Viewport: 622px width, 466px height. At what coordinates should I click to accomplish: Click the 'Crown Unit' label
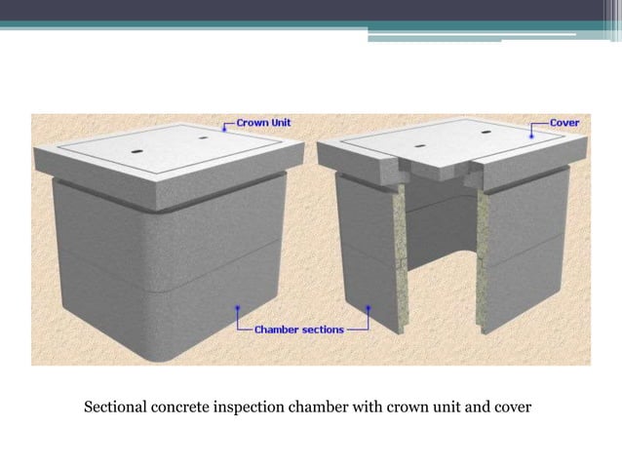tap(263, 124)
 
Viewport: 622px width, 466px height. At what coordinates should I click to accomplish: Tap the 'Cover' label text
tap(564, 124)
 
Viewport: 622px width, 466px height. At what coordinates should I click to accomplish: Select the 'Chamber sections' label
tap(298, 330)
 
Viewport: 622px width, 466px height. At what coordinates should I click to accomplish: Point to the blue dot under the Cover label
tap(531, 137)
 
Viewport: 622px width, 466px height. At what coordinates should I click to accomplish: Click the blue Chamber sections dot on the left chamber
tap(238, 311)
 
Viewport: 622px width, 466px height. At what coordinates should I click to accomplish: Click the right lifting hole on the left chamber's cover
tap(204, 138)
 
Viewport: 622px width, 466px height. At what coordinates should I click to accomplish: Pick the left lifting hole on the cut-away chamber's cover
tap(418, 147)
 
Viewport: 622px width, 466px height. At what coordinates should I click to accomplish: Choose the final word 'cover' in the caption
tap(513, 407)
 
